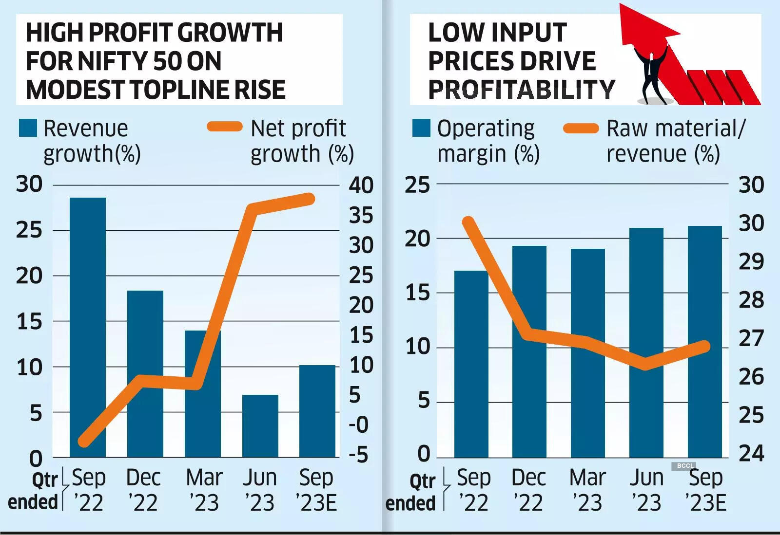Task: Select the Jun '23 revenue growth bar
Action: pos(260,426)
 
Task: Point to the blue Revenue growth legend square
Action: pos(28,128)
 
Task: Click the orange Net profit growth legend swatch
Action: pos(225,127)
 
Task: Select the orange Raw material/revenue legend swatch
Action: pos(581,129)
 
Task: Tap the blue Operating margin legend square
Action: pos(421,128)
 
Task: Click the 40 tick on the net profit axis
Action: pos(361,185)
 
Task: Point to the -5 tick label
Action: pos(358,455)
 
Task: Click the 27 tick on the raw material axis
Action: pos(751,338)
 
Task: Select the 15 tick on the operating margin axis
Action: pos(417,293)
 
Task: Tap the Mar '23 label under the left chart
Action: pos(204,490)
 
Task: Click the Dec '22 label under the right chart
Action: pos(528,490)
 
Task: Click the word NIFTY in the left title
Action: pos(113,61)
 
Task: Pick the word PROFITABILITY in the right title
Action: pos(521,90)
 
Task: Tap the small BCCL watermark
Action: pos(685,466)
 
